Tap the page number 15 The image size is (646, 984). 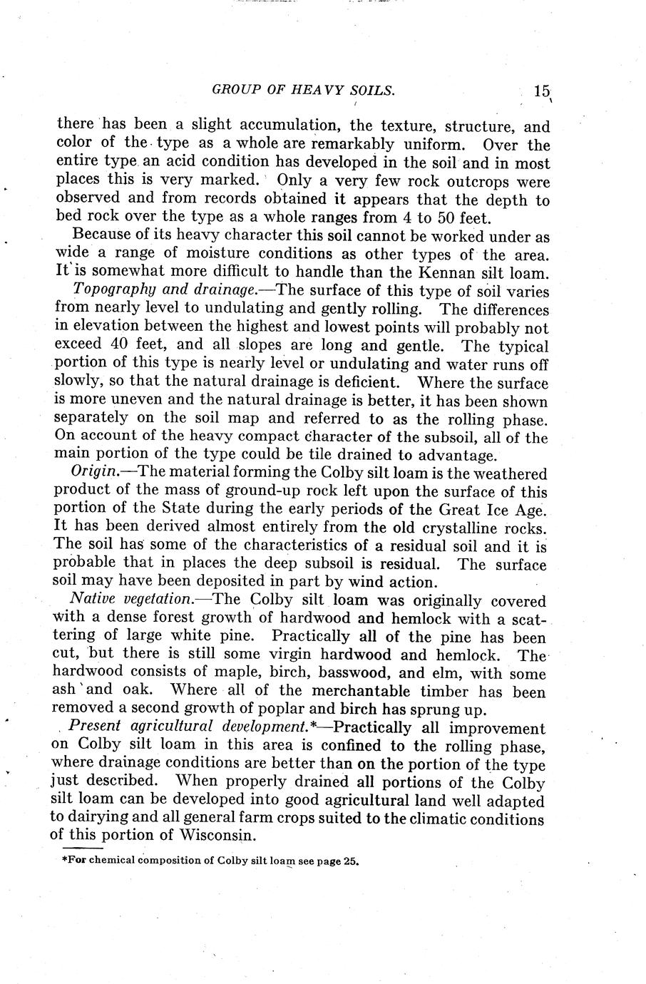pyautogui.click(x=541, y=91)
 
